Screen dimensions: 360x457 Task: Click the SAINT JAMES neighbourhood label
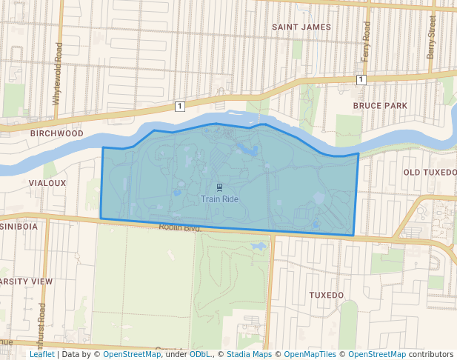pyautogui.click(x=301, y=27)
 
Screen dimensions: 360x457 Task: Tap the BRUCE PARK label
pyautogui.click(x=380, y=106)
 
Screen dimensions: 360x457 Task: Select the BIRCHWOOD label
pyautogui.click(x=56, y=134)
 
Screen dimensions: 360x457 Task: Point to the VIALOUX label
pyautogui.click(x=47, y=182)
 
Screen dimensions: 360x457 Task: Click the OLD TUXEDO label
pyautogui.click(x=430, y=173)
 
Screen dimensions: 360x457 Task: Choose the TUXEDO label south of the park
pyautogui.click(x=326, y=295)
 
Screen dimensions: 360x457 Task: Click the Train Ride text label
pyautogui.click(x=219, y=199)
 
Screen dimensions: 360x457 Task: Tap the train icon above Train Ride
pyautogui.click(x=219, y=187)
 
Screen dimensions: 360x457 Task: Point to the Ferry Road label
pyautogui.click(x=365, y=41)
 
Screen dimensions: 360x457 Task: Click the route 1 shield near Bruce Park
pyautogui.click(x=360, y=79)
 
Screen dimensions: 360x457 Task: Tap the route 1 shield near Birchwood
pyautogui.click(x=179, y=107)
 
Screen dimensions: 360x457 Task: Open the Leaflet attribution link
pyautogui.click(x=41, y=354)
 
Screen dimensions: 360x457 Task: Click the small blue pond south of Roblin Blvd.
pyautogui.click(x=259, y=246)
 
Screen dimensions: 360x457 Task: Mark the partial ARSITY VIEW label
pyautogui.click(x=27, y=281)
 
